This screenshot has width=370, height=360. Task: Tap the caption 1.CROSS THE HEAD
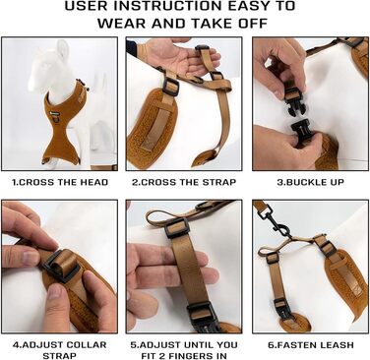pyautogui.click(x=60, y=182)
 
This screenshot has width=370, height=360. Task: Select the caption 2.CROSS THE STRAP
pyautogui.click(x=184, y=182)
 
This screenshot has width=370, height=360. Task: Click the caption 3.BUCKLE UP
pyautogui.click(x=310, y=182)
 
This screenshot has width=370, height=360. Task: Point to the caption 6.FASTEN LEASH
pyautogui.click(x=311, y=345)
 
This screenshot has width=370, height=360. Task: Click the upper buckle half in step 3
pyautogui.click(x=293, y=101)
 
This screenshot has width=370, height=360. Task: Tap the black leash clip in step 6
pyautogui.click(x=275, y=220)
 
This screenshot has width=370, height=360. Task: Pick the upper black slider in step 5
pyautogui.click(x=177, y=227)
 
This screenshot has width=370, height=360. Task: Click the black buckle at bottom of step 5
pyautogui.click(x=201, y=315)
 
